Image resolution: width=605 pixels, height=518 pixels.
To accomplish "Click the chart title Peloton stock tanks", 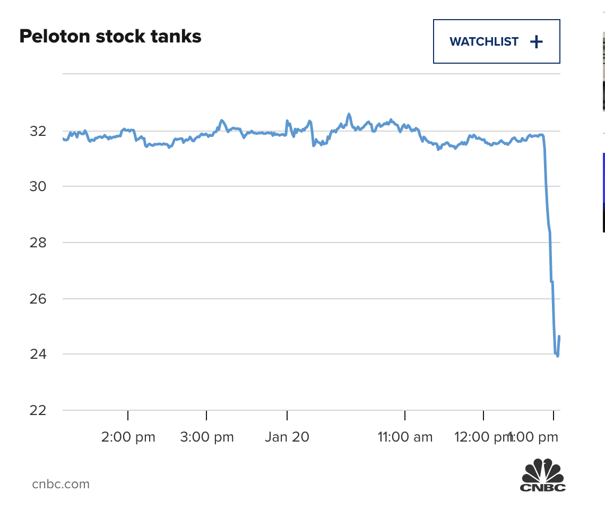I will (x=110, y=36).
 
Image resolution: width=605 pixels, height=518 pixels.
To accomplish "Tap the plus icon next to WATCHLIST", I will (x=537, y=42).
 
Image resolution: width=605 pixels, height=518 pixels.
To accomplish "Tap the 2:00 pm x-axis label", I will (x=128, y=437).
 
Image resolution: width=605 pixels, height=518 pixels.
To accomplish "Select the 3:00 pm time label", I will (x=206, y=437).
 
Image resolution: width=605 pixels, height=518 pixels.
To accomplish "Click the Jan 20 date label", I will (x=287, y=437).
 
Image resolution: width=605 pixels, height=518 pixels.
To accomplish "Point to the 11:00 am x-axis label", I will (x=405, y=437).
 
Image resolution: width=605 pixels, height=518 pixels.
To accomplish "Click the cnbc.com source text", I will (x=61, y=484).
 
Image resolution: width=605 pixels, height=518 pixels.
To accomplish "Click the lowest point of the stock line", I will (x=557, y=356).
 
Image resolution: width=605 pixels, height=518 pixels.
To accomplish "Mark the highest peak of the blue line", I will (x=349, y=114).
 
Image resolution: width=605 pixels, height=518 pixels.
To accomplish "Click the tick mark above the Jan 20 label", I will (x=287, y=415).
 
